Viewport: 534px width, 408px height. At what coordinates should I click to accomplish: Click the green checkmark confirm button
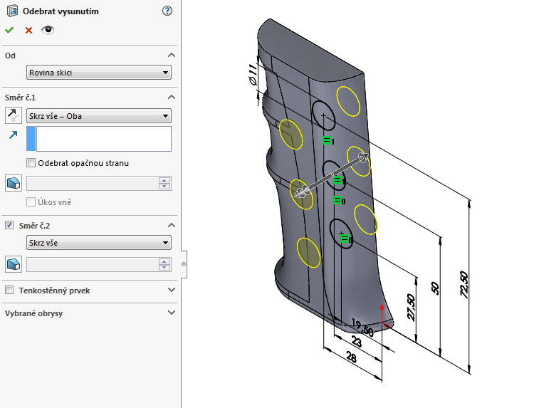click(9, 30)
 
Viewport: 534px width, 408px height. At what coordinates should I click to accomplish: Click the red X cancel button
click(28, 30)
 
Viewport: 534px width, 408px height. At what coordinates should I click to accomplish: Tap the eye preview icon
click(48, 30)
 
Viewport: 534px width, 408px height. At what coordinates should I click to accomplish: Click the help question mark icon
click(167, 11)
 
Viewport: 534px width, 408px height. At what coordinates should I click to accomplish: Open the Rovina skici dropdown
click(98, 72)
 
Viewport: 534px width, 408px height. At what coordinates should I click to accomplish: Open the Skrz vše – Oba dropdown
click(98, 116)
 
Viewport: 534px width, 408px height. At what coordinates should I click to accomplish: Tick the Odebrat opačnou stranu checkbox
click(31, 163)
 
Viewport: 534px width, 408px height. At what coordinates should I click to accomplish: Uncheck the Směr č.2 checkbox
click(9, 225)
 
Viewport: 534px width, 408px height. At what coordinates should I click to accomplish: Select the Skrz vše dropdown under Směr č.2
click(98, 244)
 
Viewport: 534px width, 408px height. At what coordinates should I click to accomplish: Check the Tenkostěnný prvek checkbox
click(9, 291)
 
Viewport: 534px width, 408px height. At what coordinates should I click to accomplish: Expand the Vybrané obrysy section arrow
click(171, 313)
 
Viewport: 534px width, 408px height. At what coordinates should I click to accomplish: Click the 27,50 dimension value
click(410, 307)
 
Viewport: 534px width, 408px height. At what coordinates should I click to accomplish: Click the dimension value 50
click(436, 288)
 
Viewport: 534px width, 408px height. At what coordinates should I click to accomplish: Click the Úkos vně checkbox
click(31, 202)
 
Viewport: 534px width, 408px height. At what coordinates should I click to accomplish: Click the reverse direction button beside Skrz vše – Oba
click(13, 115)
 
